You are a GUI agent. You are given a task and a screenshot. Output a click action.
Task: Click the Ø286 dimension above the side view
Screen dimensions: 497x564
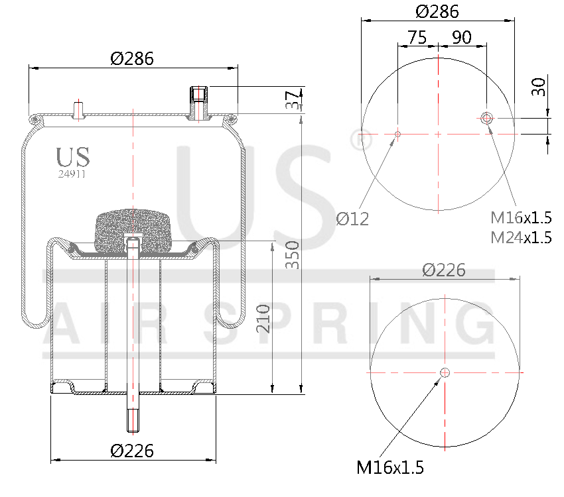[132, 58]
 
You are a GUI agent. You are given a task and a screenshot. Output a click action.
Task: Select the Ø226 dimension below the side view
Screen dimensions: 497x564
[132, 451]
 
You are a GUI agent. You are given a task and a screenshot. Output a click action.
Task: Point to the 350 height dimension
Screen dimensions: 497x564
[293, 255]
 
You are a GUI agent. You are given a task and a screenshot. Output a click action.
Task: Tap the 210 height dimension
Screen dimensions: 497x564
[263, 318]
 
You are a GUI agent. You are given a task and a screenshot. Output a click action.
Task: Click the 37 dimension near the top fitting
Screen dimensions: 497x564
[291, 101]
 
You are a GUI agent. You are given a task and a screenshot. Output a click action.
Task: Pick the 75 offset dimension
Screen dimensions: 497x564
[417, 37]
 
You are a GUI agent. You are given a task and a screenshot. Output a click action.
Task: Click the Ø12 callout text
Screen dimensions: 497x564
[352, 218]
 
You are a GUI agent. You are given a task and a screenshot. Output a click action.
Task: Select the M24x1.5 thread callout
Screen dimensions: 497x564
[521, 237]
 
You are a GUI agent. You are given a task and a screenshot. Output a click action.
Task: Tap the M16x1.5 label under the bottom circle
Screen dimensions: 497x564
[390, 467]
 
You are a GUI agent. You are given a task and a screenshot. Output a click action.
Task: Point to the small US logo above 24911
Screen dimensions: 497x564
[73, 157]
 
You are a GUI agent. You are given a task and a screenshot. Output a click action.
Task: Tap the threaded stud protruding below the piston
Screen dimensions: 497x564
[133, 417]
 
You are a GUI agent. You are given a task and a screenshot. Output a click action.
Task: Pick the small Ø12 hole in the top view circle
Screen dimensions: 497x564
[397, 134]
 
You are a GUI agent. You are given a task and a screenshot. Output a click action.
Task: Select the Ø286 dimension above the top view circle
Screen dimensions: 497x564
[437, 11]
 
